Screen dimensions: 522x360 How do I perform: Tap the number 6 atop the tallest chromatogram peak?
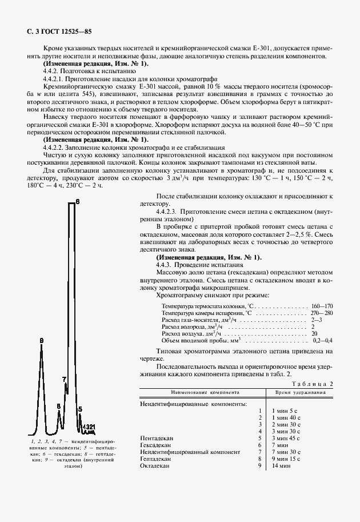[x=78, y=202]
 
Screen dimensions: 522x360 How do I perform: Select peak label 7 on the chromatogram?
[x=64, y=379]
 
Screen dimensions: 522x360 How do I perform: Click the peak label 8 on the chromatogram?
[x=58, y=406]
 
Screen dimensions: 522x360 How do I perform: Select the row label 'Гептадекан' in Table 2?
[x=155, y=459]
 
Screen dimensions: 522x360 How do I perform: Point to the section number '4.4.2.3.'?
[x=168, y=211]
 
